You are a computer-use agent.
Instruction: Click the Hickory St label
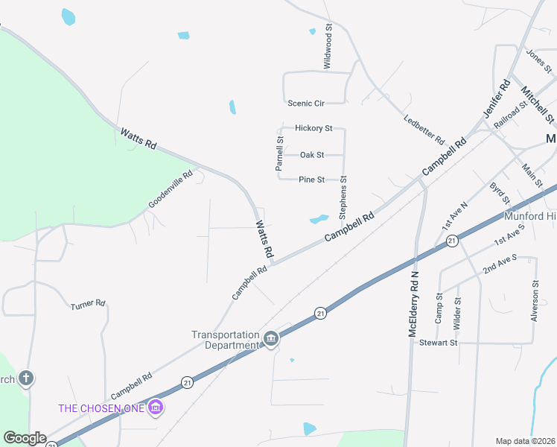pos(313,128)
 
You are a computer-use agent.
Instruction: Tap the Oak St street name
pos(312,155)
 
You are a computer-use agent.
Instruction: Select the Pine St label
pos(311,180)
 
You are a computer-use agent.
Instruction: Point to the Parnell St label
pos(279,153)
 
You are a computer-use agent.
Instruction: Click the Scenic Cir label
pos(306,103)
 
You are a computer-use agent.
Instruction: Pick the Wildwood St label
pos(327,46)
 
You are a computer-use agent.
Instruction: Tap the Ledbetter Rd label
pos(424,130)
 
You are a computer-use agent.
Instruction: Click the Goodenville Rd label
pos(171,189)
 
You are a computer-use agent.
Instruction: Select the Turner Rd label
pos(89,305)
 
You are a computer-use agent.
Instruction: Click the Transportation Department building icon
pos(271,340)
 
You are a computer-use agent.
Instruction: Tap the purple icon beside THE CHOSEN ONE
pos(156,407)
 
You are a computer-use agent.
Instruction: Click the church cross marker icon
pos(26,378)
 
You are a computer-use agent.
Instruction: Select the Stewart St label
pos(437,343)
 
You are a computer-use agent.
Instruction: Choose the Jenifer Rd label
pos(496,98)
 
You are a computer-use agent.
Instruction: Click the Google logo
pos(25,438)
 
